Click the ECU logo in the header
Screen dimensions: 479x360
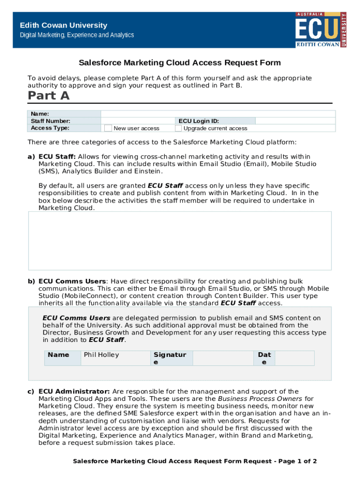coord(321,29)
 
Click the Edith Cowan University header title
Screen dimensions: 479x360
coord(63,25)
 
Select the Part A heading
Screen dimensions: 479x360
coord(49,96)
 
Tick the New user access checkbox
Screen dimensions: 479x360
coord(108,128)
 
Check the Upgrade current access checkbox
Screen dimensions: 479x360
coord(178,128)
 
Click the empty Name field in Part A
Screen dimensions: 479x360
coord(218,114)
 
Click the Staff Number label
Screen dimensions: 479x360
coord(50,121)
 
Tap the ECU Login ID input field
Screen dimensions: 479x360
coord(295,121)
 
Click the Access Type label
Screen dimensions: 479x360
coord(50,128)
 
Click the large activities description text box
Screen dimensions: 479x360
coord(180,240)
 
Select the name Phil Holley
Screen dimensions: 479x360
coord(101,355)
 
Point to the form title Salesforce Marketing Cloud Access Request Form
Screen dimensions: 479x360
coord(180,63)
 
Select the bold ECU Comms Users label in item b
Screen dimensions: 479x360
coord(72,281)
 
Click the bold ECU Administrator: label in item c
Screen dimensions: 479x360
coord(74,391)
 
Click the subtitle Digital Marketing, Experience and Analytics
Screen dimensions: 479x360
coord(76,35)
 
